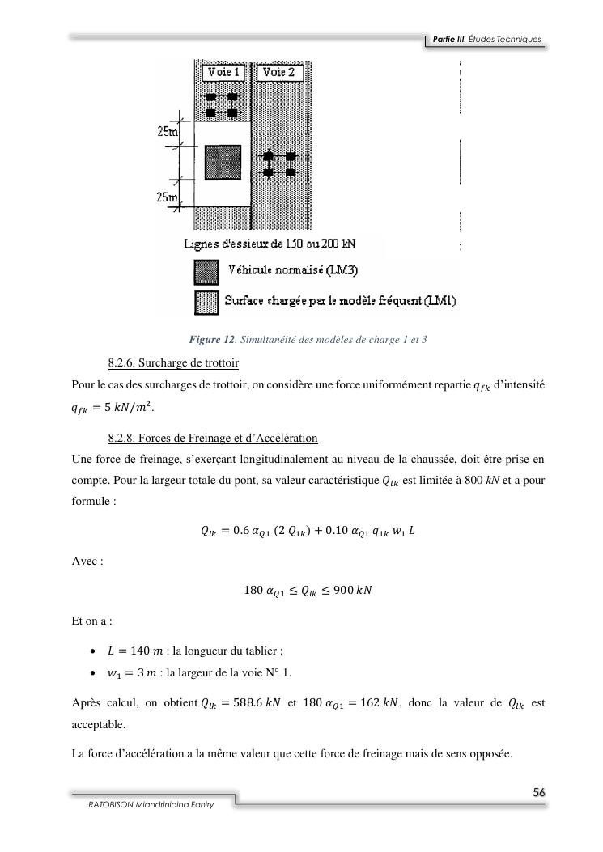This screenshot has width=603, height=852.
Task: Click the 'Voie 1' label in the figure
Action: [x=224, y=73]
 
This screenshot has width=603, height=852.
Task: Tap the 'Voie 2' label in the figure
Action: [x=280, y=73]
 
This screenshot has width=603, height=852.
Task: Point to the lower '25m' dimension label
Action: [x=168, y=196]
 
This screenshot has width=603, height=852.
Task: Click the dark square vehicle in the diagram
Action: [x=223, y=162]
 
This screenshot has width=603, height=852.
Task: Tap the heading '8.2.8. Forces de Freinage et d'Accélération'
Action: [x=212, y=438]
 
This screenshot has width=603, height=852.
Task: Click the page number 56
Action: [x=538, y=792]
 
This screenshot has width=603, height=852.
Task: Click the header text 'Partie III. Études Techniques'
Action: [x=486, y=40]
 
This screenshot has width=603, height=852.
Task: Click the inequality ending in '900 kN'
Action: [x=308, y=591]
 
